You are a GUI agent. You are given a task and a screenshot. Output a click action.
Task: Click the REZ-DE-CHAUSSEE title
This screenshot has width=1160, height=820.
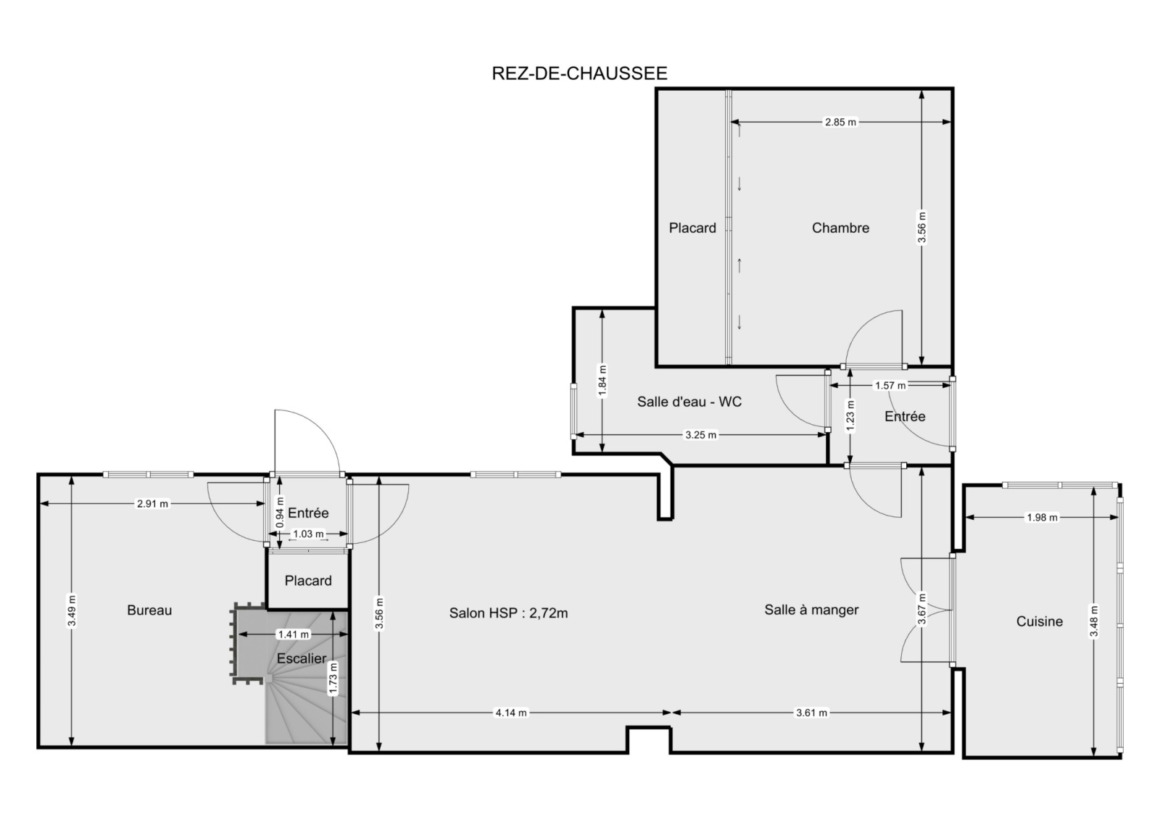point(579,73)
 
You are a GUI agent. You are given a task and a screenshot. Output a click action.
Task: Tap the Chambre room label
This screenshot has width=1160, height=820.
point(840,228)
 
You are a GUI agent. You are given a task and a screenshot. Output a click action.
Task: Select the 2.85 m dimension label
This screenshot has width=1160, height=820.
point(840,123)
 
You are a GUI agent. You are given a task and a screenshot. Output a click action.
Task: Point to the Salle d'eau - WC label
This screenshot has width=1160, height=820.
point(689,402)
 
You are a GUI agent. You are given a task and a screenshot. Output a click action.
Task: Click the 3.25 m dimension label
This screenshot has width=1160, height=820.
point(700,435)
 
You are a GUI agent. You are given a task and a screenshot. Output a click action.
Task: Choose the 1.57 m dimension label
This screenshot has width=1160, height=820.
point(890,386)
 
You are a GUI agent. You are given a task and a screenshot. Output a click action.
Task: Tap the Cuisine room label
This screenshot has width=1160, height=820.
point(1040,621)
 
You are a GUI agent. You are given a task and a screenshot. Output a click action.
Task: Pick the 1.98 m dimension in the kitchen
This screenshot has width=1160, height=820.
point(1042,518)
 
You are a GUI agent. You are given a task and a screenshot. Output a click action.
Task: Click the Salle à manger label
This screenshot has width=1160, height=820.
point(811,610)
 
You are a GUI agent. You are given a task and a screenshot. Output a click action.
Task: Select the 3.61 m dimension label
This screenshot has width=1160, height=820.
point(811,713)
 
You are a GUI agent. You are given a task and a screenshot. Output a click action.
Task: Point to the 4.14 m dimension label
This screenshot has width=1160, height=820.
point(511,713)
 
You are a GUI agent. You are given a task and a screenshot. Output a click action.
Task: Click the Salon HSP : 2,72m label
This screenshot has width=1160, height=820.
point(508,613)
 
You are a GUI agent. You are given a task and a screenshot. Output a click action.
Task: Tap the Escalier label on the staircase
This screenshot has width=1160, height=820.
point(302,658)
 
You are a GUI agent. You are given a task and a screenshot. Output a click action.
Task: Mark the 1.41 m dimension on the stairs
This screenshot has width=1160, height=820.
point(293,634)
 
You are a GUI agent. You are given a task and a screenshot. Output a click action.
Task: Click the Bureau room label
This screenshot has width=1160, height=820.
point(149,610)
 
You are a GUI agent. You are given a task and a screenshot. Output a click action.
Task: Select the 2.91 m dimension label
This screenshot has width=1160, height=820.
point(152,503)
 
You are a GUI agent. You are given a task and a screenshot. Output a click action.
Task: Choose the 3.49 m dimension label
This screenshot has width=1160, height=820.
point(72,610)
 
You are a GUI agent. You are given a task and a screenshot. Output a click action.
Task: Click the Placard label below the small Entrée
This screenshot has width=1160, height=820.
point(308,581)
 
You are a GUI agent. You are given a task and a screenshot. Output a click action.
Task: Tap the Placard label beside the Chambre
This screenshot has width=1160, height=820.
point(692,228)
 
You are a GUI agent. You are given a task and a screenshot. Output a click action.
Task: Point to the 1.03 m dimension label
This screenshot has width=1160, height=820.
point(308,534)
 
